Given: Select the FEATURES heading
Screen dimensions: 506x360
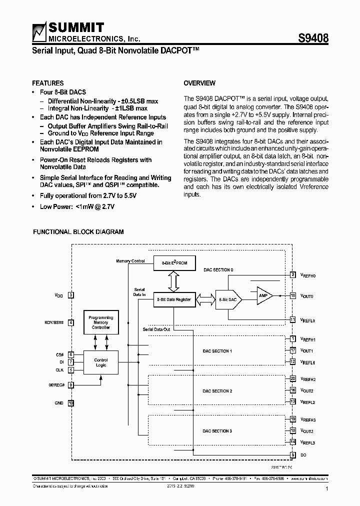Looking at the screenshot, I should [x=47, y=83].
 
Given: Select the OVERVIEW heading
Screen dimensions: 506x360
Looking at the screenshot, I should [x=199, y=83].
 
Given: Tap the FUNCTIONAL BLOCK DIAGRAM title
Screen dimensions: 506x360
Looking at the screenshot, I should [x=78, y=232].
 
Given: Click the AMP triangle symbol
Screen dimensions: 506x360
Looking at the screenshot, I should [x=263, y=295].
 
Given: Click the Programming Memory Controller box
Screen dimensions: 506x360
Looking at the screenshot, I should [x=100, y=322].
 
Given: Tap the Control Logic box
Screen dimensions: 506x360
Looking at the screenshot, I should [x=100, y=362].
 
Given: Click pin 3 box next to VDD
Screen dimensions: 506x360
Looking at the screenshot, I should [x=71, y=295].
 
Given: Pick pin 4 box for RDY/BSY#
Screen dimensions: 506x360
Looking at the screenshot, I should [x=71, y=322].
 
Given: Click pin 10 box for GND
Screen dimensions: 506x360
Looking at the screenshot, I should [x=71, y=402].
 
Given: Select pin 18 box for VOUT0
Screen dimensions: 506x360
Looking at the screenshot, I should [x=293, y=295].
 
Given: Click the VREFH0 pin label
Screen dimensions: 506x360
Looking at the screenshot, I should [x=308, y=275].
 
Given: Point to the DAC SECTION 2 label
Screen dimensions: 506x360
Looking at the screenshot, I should [x=217, y=391].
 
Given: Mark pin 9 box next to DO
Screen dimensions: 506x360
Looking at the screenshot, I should [x=293, y=454].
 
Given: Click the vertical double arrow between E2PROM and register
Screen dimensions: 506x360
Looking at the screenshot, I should [x=173, y=281].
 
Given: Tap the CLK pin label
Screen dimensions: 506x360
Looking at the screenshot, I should [x=59, y=370].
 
